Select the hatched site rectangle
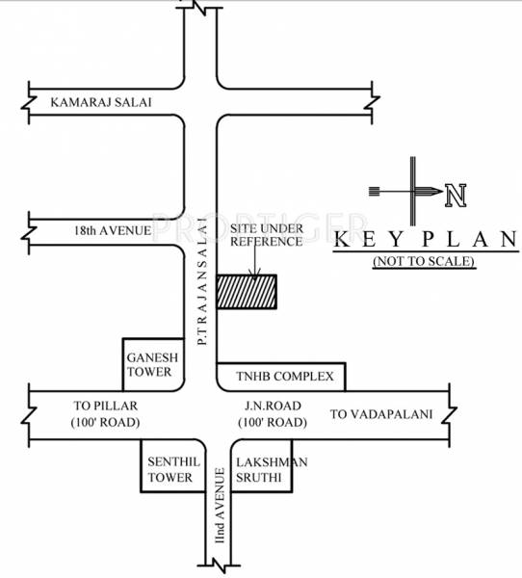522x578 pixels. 246,292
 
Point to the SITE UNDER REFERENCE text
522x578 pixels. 266,232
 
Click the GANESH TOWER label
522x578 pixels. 149,363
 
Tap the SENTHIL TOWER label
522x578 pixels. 171,469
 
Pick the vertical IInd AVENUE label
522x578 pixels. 220,504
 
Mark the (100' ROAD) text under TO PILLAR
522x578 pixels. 106,423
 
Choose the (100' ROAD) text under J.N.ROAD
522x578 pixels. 274,423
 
